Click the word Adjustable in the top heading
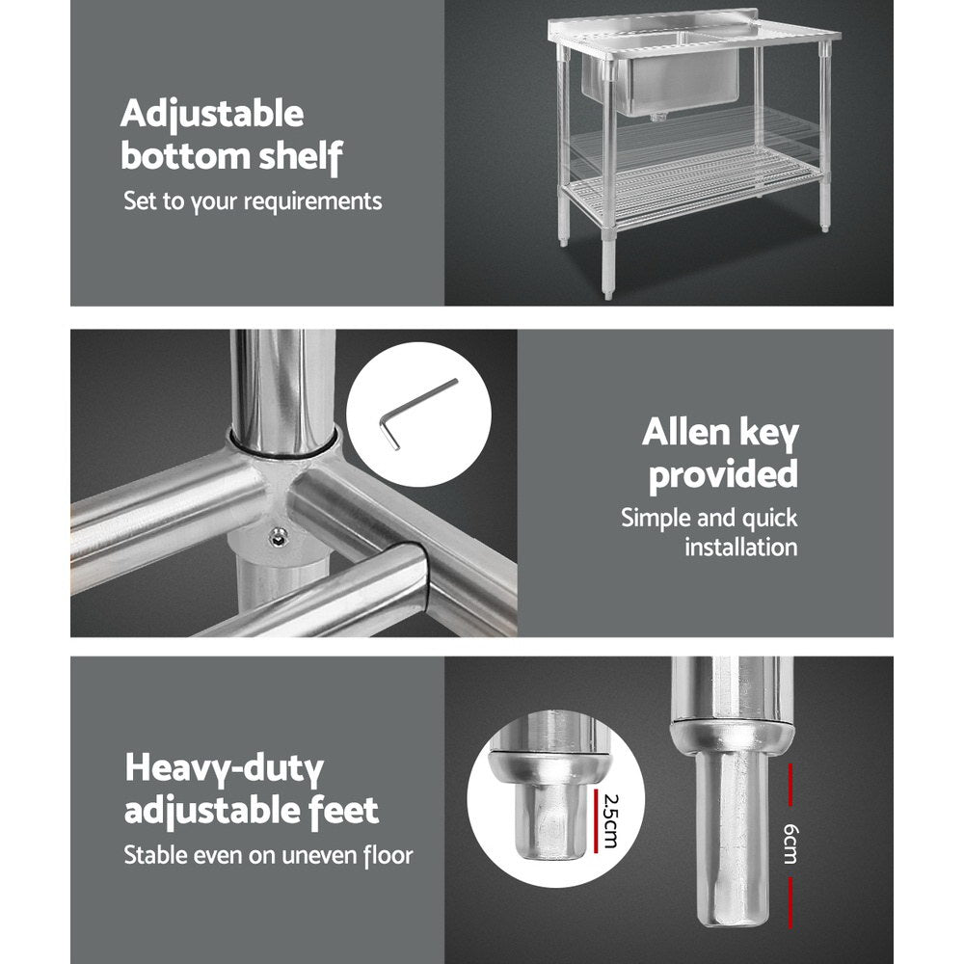coord(212,115)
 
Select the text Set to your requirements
coord(253,201)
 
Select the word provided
coord(723,473)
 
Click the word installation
coord(740,548)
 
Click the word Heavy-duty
coord(224,769)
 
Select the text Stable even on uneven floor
coord(268,854)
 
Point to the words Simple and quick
coord(709,518)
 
